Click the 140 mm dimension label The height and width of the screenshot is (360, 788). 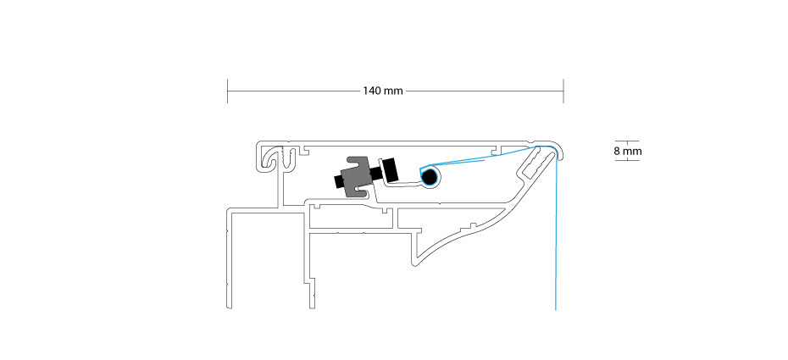click(x=383, y=91)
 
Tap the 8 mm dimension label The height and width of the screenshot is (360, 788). click(x=628, y=151)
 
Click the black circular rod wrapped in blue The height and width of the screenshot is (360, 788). click(x=429, y=177)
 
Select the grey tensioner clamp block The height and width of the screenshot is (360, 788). click(x=358, y=177)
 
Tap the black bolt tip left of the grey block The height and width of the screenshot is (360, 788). click(x=338, y=181)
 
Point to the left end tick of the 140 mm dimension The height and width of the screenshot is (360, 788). click(x=228, y=91)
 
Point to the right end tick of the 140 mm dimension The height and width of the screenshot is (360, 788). click(x=563, y=91)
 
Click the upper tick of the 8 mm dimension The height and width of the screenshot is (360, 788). click(x=627, y=141)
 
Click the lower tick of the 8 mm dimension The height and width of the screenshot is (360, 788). click(x=627, y=160)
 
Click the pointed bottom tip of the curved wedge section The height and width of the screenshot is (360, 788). click(x=414, y=263)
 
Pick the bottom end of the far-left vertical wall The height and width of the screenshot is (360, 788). click(x=229, y=307)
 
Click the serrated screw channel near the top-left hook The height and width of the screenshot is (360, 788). click(x=288, y=158)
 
